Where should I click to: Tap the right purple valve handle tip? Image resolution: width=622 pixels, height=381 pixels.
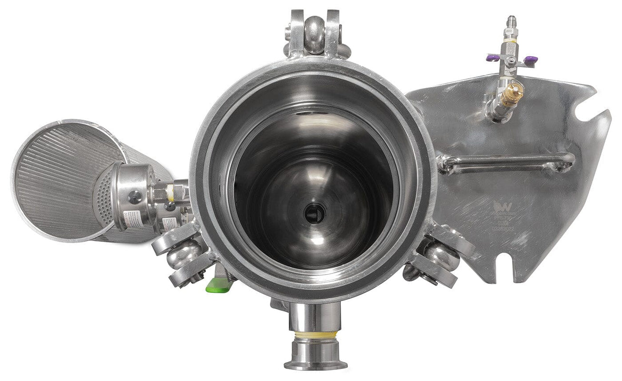530,60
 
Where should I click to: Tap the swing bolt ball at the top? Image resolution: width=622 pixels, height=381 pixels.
315,29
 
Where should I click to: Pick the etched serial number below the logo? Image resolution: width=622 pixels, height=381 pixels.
504,227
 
